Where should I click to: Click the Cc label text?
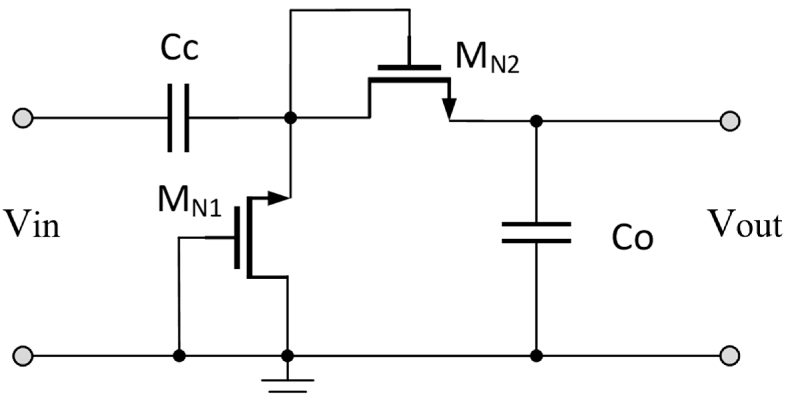pyautogui.click(x=179, y=48)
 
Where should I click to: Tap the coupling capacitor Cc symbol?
pyautogui.click(x=178, y=118)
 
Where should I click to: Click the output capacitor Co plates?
pyautogui.click(x=536, y=233)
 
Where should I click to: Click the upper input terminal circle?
pyautogui.click(x=23, y=118)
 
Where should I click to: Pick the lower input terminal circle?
pyautogui.click(x=23, y=356)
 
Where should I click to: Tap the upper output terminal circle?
pyautogui.click(x=730, y=121)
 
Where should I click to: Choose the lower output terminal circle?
pyautogui.click(x=730, y=356)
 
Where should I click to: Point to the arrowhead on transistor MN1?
pyautogui.click(x=278, y=198)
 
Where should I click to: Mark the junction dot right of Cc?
pyautogui.click(x=291, y=118)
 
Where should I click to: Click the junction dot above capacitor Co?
pyautogui.click(x=536, y=121)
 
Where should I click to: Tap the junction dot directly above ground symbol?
pyautogui.click(x=287, y=356)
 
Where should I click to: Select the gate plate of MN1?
pyautogui.click(x=237, y=238)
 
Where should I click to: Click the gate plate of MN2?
pyautogui.click(x=409, y=68)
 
